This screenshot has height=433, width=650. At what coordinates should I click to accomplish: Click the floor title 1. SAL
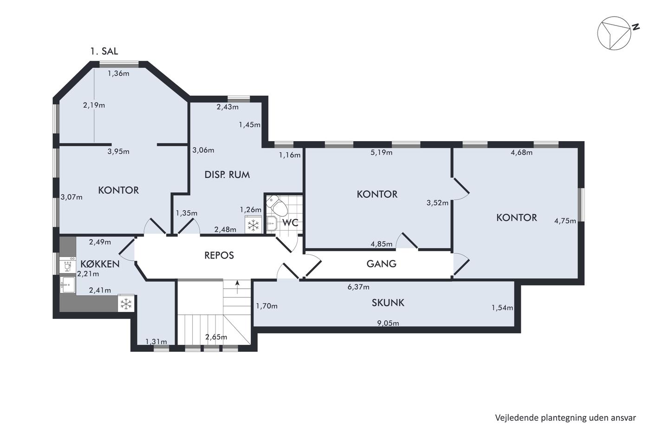coord(104,52)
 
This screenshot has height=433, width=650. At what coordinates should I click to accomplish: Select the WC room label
coord(290,223)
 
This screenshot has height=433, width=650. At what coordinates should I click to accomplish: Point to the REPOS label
coord(219,255)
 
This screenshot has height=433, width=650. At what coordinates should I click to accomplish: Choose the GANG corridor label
coord(381,264)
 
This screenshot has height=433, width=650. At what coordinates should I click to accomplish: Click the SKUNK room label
coord(388,303)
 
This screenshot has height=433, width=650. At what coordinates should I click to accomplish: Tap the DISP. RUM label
coord(227,174)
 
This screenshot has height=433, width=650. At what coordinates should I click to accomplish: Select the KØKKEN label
coord(100,264)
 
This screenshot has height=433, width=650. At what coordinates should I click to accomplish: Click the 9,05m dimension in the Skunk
coord(388,323)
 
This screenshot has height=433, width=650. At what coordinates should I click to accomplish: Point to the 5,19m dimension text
coord(381,152)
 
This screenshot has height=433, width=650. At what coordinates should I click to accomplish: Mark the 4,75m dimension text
coord(565,221)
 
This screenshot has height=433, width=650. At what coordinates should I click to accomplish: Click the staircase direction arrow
coord(237,287)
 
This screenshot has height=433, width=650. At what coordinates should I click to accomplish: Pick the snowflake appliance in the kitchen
coord(126,304)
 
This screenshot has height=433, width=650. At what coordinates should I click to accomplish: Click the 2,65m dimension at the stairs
coord(216,337)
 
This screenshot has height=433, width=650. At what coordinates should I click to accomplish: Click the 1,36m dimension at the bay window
coord(118,73)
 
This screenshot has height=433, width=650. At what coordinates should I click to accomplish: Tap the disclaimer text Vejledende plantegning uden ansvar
coord(565,418)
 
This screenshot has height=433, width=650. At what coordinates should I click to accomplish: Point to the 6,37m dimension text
coord(358,287)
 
